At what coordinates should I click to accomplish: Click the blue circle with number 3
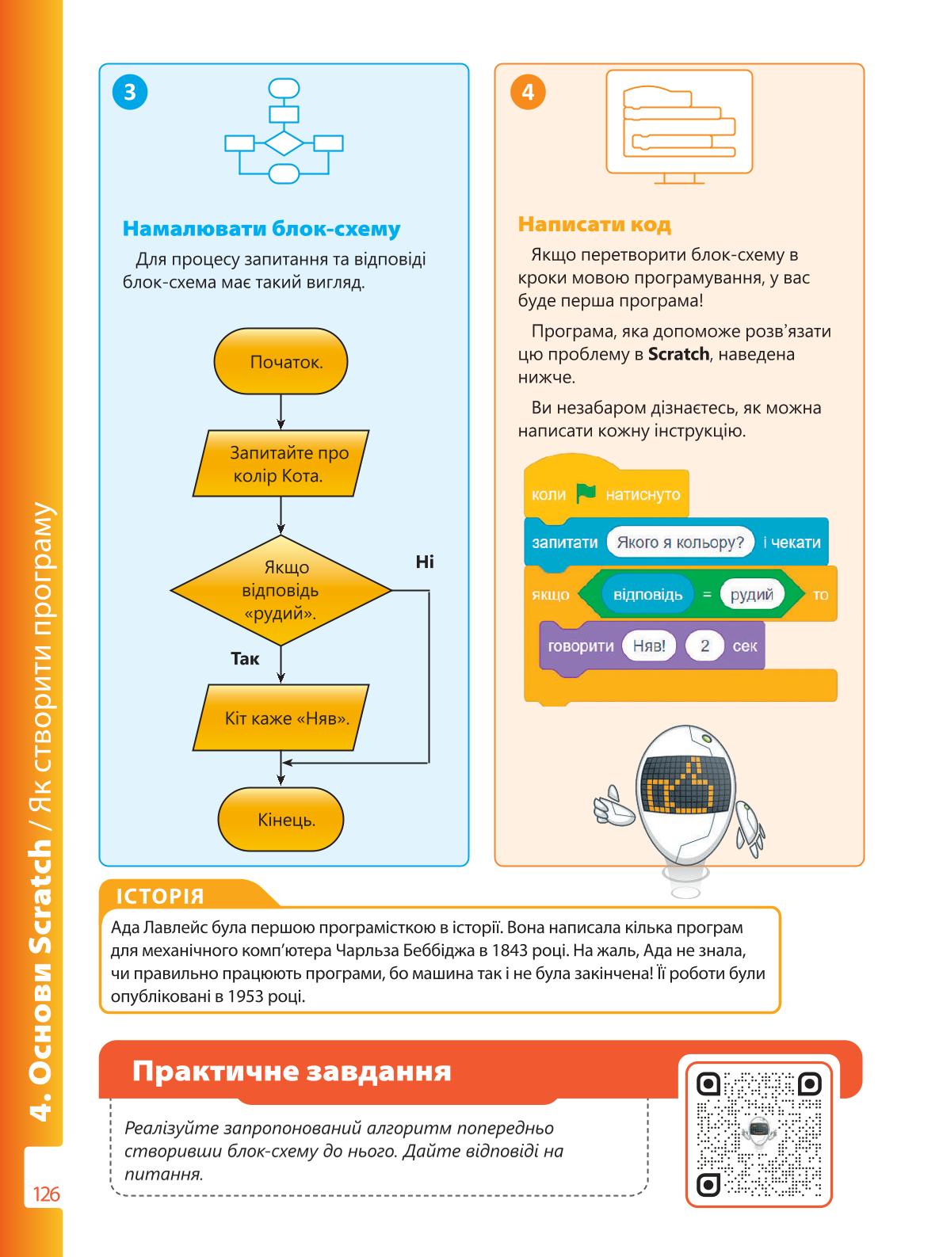pyautogui.click(x=130, y=92)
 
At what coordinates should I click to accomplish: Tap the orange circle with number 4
pyautogui.click(x=528, y=92)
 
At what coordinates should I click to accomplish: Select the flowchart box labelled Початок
pyautogui.click(x=281, y=361)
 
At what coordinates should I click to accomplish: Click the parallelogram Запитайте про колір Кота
pyautogui.click(x=281, y=463)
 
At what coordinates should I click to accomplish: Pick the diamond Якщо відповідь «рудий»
pyautogui.click(x=281, y=590)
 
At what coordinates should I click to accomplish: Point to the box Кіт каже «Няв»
pyautogui.click(x=281, y=718)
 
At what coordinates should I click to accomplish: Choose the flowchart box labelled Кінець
pyautogui.click(x=281, y=820)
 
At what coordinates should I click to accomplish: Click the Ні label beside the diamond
pyautogui.click(x=425, y=562)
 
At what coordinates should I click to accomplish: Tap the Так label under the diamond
pyautogui.click(x=245, y=658)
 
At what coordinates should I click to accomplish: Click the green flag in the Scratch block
pyautogui.click(x=586, y=493)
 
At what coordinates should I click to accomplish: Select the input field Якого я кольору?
pyautogui.click(x=680, y=543)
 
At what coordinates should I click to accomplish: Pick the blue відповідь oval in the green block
pyautogui.click(x=647, y=594)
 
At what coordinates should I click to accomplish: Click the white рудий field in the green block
pyautogui.click(x=751, y=594)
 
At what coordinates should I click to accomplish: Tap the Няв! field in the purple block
pyautogui.click(x=648, y=646)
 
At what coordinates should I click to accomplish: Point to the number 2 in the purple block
pyautogui.click(x=704, y=646)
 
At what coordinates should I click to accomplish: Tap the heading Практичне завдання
pyautogui.click(x=292, y=1070)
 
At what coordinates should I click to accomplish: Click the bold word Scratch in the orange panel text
pyautogui.click(x=678, y=354)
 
